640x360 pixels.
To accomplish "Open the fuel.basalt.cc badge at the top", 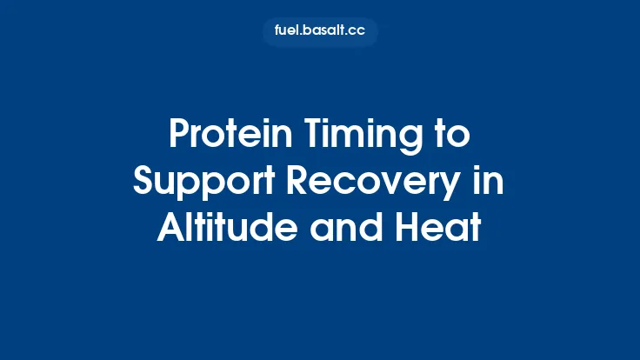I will [x=320, y=32].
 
